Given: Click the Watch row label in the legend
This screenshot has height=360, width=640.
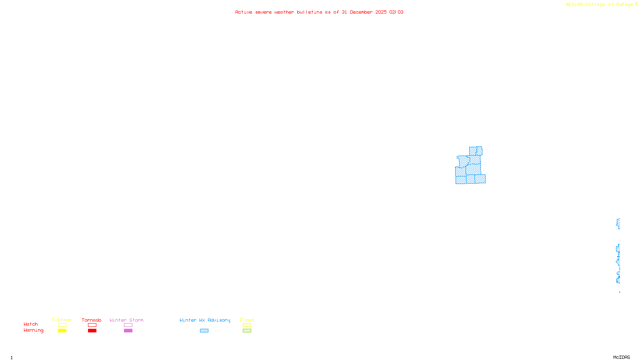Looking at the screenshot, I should click(x=31, y=324).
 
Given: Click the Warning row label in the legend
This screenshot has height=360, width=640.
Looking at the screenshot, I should click(x=33, y=330).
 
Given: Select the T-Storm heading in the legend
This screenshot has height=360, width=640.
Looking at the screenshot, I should click(x=62, y=320).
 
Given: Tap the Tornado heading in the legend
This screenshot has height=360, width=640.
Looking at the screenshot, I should click(x=92, y=320).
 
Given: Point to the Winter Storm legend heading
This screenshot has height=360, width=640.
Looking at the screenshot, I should click(x=126, y=320).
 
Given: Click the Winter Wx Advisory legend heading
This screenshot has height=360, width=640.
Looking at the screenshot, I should click(x=205, y=320).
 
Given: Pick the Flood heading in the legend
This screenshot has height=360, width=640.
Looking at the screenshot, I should click(x=247, y=320).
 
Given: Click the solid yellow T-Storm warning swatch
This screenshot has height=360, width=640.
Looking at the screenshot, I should click(x=62, y=331).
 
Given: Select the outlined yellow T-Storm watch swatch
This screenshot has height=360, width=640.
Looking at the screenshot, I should click(x=62, y=325).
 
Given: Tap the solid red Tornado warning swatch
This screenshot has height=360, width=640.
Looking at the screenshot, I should click(x=92, y=331).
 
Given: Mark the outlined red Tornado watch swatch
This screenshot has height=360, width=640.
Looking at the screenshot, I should click(x=92, y=325).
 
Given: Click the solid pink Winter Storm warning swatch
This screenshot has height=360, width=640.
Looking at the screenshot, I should click(x=128, y=331).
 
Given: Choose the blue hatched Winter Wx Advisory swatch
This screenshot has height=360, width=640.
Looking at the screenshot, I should click(x=204, y=331).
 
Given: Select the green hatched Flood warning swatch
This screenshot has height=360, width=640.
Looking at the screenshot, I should click(x=247, y=331).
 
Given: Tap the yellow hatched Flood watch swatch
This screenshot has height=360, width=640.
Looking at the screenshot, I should click(x=247, y=325).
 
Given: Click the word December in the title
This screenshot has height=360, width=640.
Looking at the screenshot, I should click(x=361, y=12).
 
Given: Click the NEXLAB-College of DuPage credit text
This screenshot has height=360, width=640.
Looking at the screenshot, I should click(x=600, y=4).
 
